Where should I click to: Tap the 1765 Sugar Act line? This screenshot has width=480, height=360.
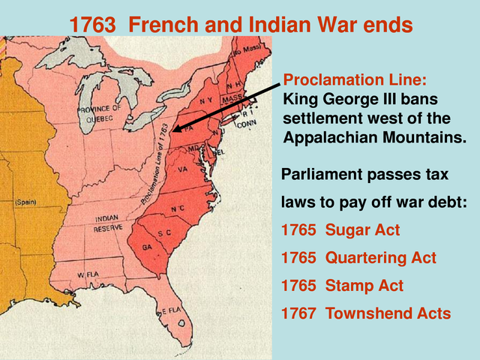(340, 230)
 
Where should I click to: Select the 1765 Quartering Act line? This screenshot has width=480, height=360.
(358, 258)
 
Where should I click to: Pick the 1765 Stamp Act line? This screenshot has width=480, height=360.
(342, 286)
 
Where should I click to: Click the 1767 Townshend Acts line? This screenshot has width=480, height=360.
(366, 313)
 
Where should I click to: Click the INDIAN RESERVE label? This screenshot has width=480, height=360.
(109, 223)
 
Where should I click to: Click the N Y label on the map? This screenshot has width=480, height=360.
(207, 100)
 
